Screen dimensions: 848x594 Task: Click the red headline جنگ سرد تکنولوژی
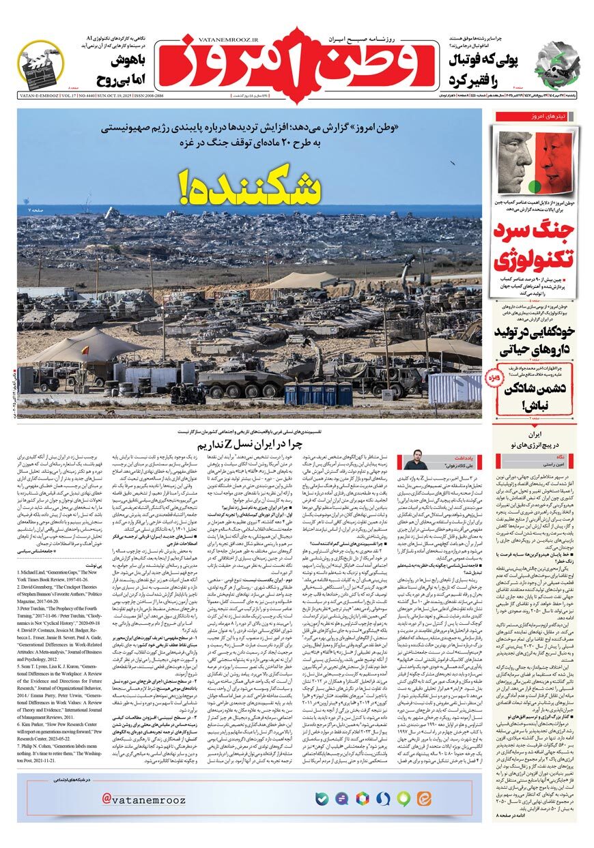(x=533, y=250)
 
